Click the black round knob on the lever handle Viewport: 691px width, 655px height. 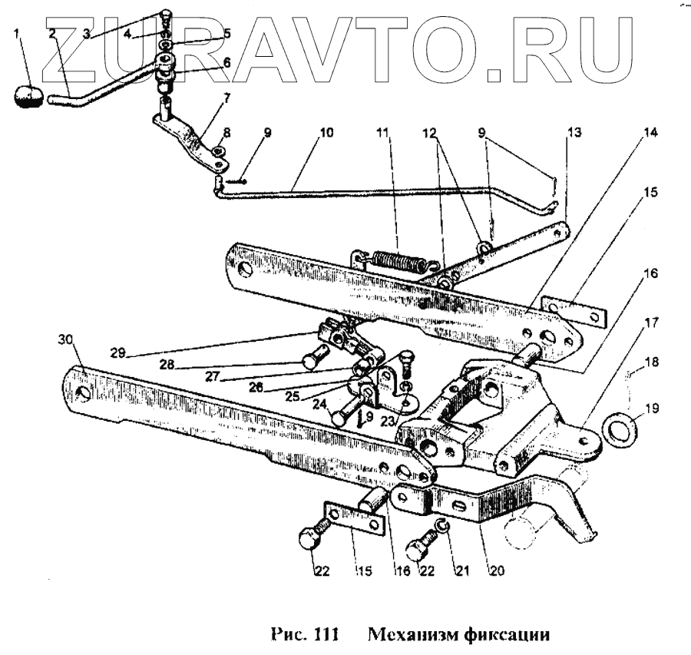pyautogui.click(x=28, y=98)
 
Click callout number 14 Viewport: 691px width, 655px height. pyautogui.click(x=651, y=133)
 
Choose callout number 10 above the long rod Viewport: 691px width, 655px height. pyautogui.click(x=326, y=132)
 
